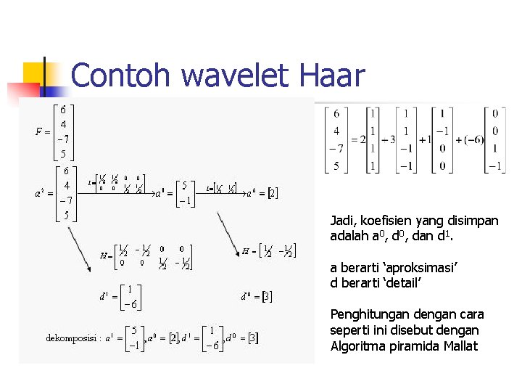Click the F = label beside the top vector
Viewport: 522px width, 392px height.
43,131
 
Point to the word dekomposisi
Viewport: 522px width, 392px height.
73,338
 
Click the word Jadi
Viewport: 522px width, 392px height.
341,220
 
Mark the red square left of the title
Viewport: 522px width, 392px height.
23,91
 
